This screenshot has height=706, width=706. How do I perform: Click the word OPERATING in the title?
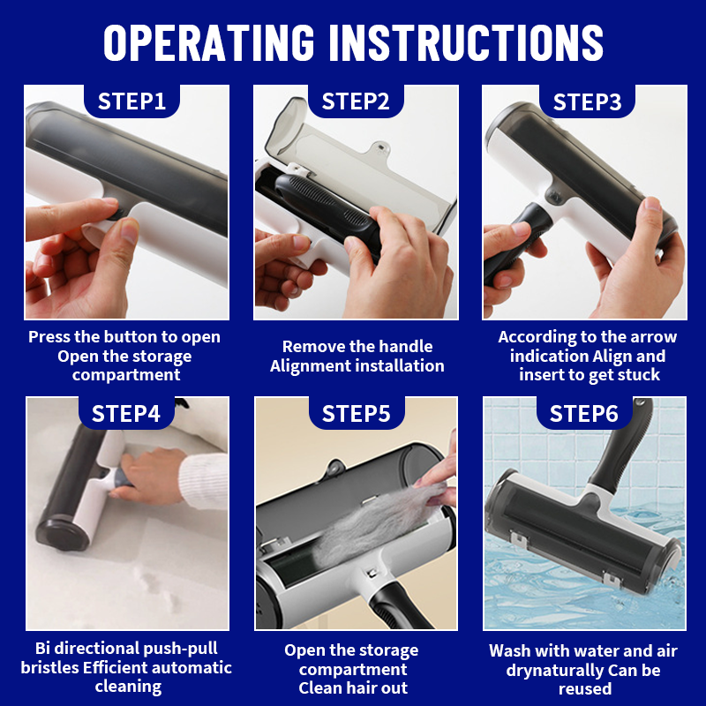[209, 41]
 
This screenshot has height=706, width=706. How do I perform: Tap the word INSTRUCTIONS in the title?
[466, 41]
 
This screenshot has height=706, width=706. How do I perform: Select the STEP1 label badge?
[131, 101]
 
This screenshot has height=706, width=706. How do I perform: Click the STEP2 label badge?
[356, 101]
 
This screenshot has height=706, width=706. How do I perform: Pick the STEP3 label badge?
[587, 101]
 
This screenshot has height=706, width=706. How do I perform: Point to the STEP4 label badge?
[126, 413]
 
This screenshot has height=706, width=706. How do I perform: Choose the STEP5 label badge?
[357, 413]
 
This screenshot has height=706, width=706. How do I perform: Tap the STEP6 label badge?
[584, 413]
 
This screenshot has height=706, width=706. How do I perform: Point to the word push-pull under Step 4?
[180, 649]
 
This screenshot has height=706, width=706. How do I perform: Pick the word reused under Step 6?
[585, 689]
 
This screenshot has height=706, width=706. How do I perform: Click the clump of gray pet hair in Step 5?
[379, 522]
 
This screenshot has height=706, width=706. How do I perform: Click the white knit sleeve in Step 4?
[204, 481]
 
